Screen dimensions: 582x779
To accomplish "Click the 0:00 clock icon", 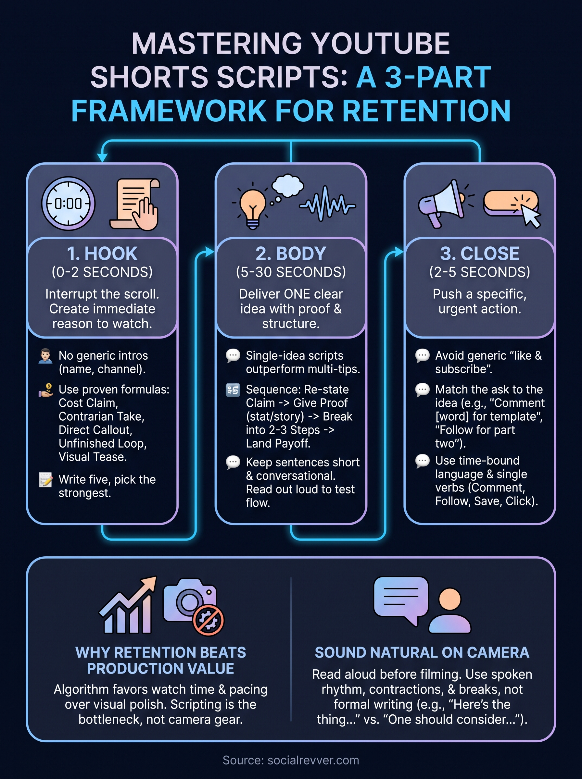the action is [68, 204].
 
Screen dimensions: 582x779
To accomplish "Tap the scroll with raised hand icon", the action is [134, 204].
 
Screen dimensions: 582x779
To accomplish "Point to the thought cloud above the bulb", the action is [287, 186].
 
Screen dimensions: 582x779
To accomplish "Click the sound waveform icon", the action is [327, 204].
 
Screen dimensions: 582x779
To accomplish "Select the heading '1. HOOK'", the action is [102, 253].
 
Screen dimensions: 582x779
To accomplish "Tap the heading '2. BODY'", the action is [291, 253].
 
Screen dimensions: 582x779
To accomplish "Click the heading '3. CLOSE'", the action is [479, 253].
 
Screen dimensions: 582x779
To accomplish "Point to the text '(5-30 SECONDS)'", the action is [291, 272].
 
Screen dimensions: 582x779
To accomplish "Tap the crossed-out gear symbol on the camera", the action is [208, 620].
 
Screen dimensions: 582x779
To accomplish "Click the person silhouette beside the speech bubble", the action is [449, 611].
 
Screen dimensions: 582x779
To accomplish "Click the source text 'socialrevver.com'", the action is [313, 760].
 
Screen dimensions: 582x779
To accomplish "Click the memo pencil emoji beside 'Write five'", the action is [46, 479].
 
